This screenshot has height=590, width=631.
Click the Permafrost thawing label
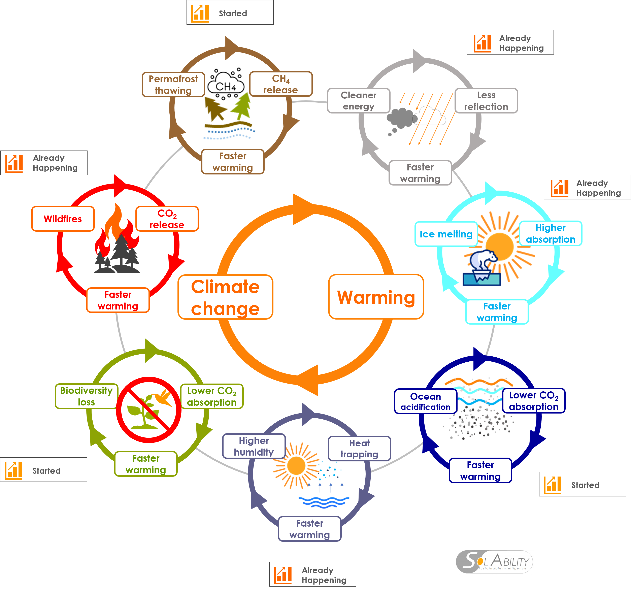pyautogui.click(x=173, y=85)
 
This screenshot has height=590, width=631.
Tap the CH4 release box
pyautogui.click(x=280, y=84)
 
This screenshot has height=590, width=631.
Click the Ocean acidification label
pyautogui.click(x=425, y=401)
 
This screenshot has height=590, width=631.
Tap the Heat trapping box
pyautogui.click(x=359, y=449)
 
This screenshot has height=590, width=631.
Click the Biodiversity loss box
pyautogui.click(x=86, y=396)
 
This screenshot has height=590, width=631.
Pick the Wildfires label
pyautogui.click(x=63, y=219)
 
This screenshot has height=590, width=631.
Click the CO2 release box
pyautogui.click(x=167, y=219)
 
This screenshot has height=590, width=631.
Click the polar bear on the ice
pyautogui.click(x=483, y=260)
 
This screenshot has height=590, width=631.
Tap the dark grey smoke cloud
pyautogui.click(x=401, y=118)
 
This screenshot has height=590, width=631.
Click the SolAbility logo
pyautogui.click(x=494, y=562)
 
